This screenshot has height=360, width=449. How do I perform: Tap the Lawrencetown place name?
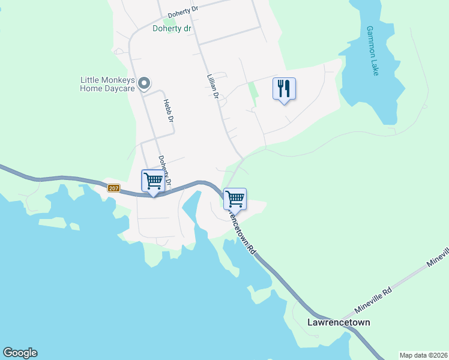(x=339, y=322)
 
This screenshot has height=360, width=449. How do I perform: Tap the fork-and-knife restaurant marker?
(x=284, y=89)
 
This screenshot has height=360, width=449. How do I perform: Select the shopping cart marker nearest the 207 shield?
(x=153, y=181)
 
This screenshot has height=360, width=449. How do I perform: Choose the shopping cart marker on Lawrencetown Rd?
(x=235, y=199)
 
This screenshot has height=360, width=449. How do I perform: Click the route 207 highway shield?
(x=114, y=188)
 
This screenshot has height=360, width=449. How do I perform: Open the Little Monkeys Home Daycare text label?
(x=107, y=84)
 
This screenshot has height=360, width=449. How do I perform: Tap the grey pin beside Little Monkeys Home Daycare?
(x=144, y=83)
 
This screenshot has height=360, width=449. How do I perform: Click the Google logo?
(x=20, y=353)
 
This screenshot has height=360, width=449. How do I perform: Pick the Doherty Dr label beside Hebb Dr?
(x=165, y=170)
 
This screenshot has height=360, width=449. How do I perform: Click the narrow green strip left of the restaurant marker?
(x=253, y=94)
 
